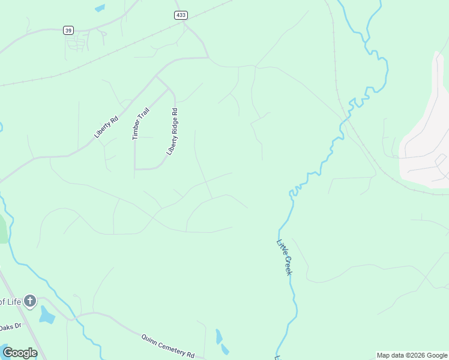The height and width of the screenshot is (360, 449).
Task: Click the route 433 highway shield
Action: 180,15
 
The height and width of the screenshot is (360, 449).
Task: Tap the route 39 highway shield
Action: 68,30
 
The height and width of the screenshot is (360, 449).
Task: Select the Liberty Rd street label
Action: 106,127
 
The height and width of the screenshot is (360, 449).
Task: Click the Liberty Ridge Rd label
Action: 173,131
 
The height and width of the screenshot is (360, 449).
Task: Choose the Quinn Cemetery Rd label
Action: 168,346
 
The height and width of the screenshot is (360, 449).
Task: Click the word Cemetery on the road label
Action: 170,346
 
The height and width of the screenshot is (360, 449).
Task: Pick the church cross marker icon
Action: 30,301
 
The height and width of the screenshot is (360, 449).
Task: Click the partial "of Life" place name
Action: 10,301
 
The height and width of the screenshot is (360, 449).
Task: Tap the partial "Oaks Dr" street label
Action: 10,327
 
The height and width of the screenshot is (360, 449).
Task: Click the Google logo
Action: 20,352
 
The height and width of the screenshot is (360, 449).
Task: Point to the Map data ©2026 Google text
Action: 412,355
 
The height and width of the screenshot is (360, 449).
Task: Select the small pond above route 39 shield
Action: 99,8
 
